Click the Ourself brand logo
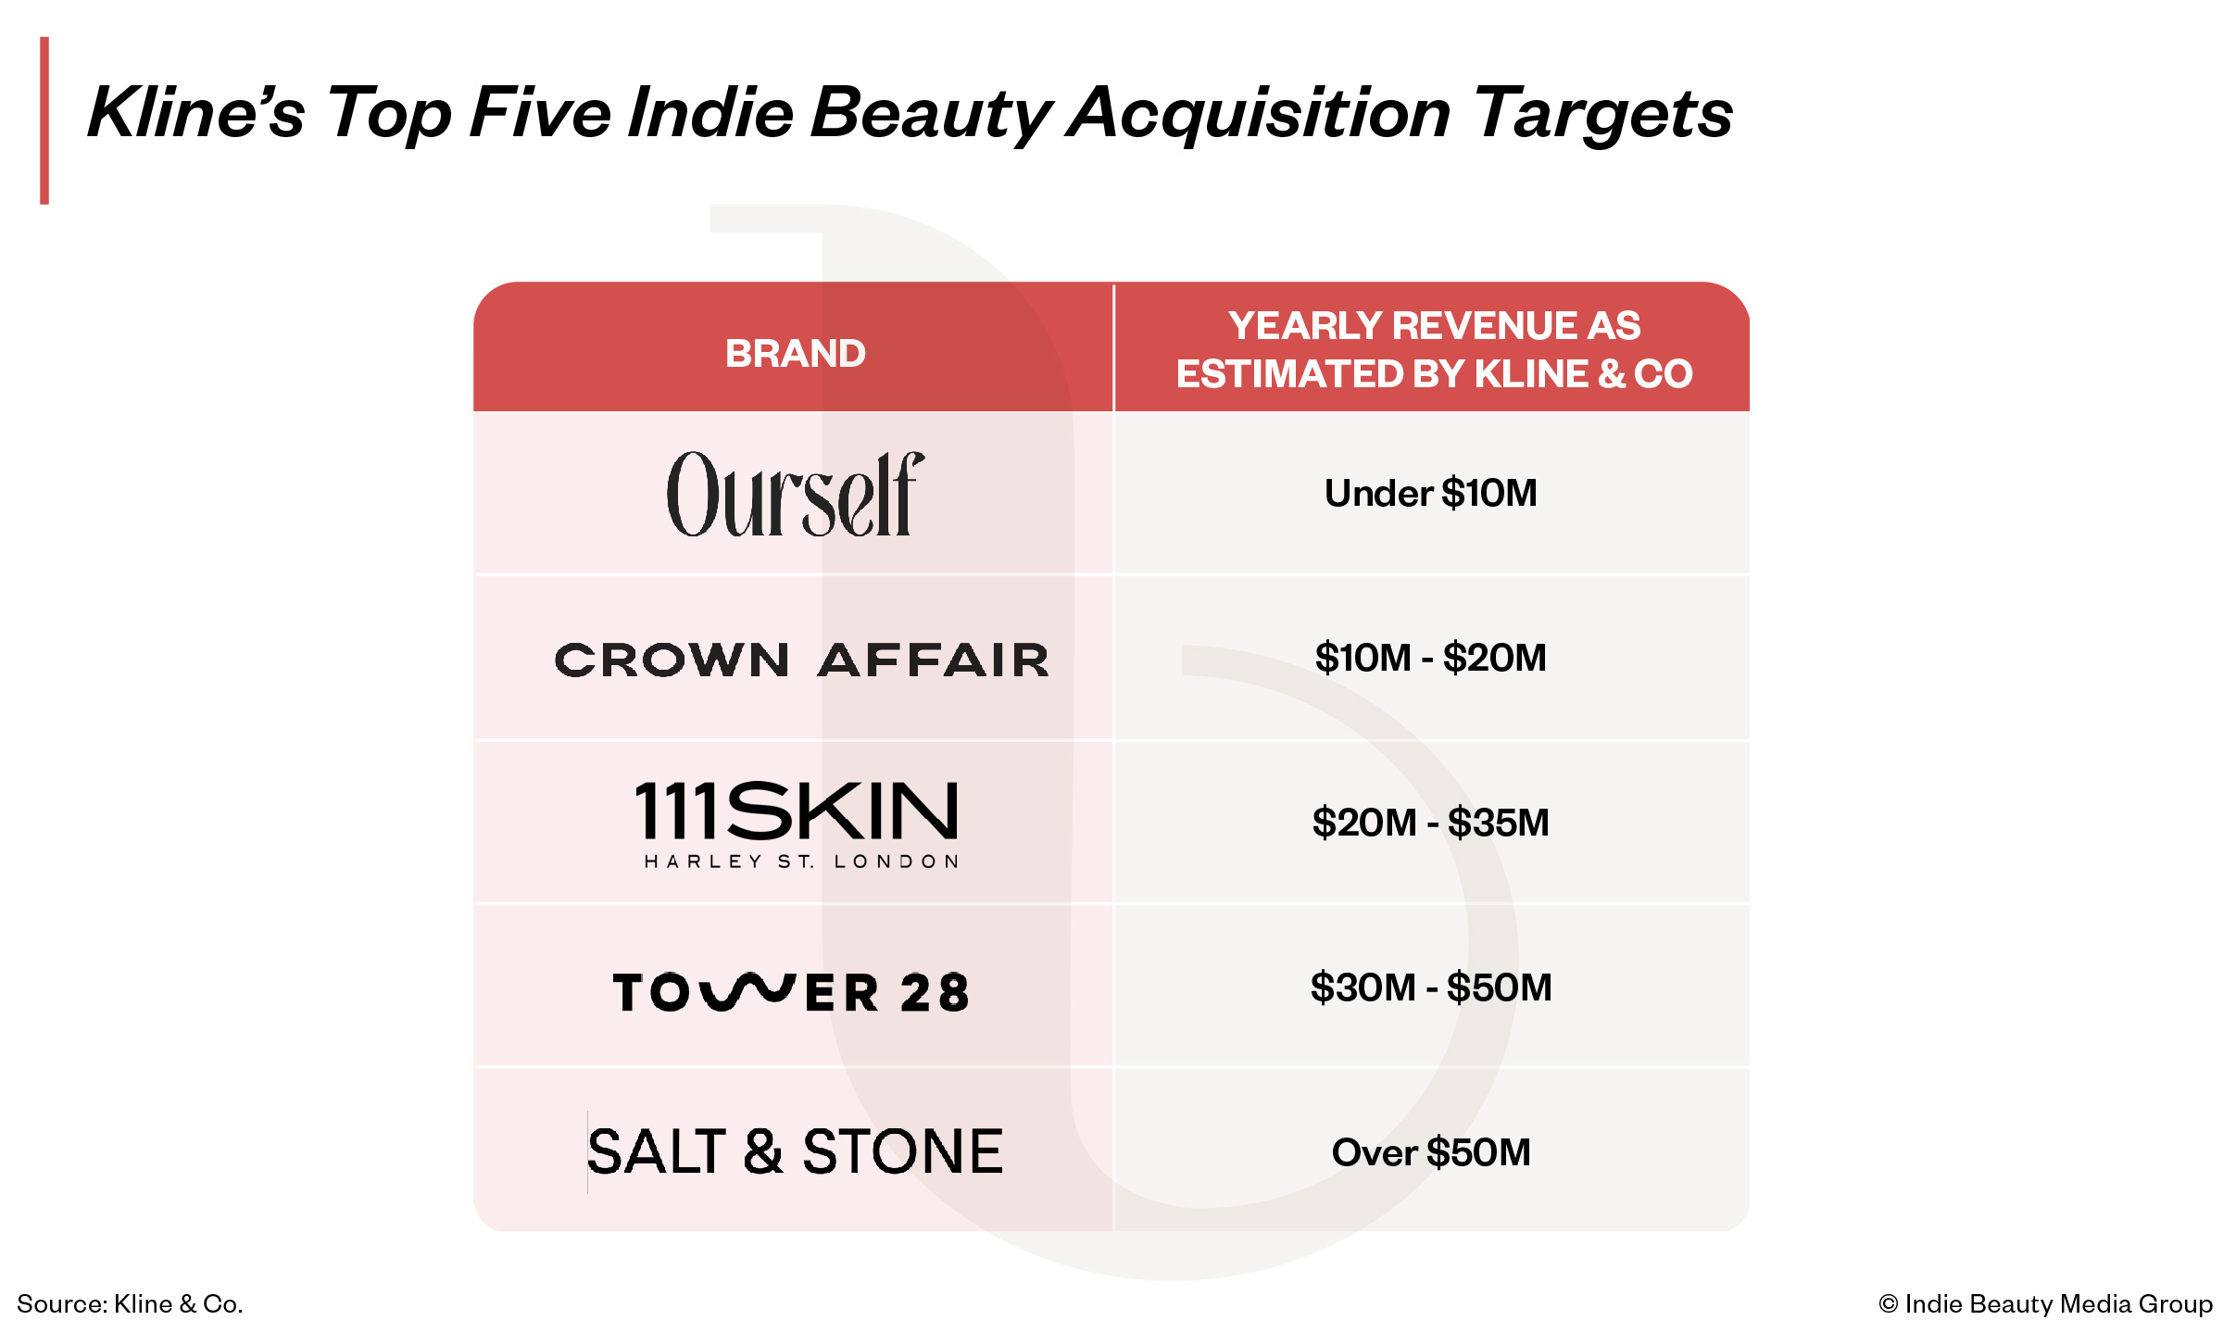[x=796, y=494]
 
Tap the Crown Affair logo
[x=802, y=660]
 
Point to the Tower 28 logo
[x=791, y=992]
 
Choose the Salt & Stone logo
[x=796, y=1152]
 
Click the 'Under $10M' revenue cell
[x=1431, y=493]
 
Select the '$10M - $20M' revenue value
[x=1431, y=658]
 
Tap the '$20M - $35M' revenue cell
[x=1431, y=823]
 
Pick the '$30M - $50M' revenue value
[x=1431, y=987]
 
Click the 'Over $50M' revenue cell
[x=1431, y=1152]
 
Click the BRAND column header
[x=796, y=353]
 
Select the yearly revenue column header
[x=1435, y=349]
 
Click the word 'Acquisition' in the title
[x=1258, y=113]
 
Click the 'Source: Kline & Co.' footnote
[x=130, y=1303]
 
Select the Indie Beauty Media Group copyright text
[x=2045, y=1303]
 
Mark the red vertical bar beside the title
[x=44, y=120]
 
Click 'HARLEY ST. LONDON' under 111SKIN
[x=802, y=861]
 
